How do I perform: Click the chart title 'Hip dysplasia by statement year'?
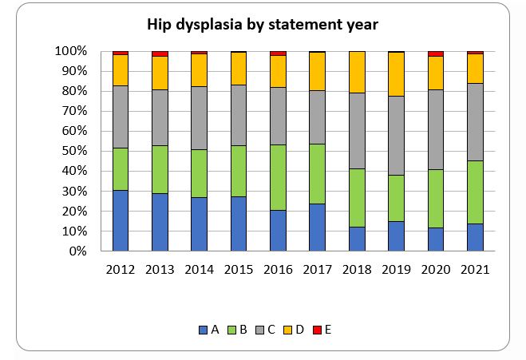[263, 25]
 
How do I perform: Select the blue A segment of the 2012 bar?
[121, 220]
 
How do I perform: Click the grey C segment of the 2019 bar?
[396, 136]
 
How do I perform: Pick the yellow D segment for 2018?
[357, 72]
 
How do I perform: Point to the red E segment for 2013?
[160, 53]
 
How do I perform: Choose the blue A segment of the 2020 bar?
[436, 239]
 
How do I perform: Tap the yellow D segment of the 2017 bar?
[318, 71]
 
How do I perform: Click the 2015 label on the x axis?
[239, 270]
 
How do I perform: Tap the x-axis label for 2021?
[475, 270]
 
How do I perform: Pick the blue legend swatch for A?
[204, 329]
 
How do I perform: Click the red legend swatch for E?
[317, 329]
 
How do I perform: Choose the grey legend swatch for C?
[260, 329]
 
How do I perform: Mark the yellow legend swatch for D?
[288, 329]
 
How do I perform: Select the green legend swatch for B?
[231, 329]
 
